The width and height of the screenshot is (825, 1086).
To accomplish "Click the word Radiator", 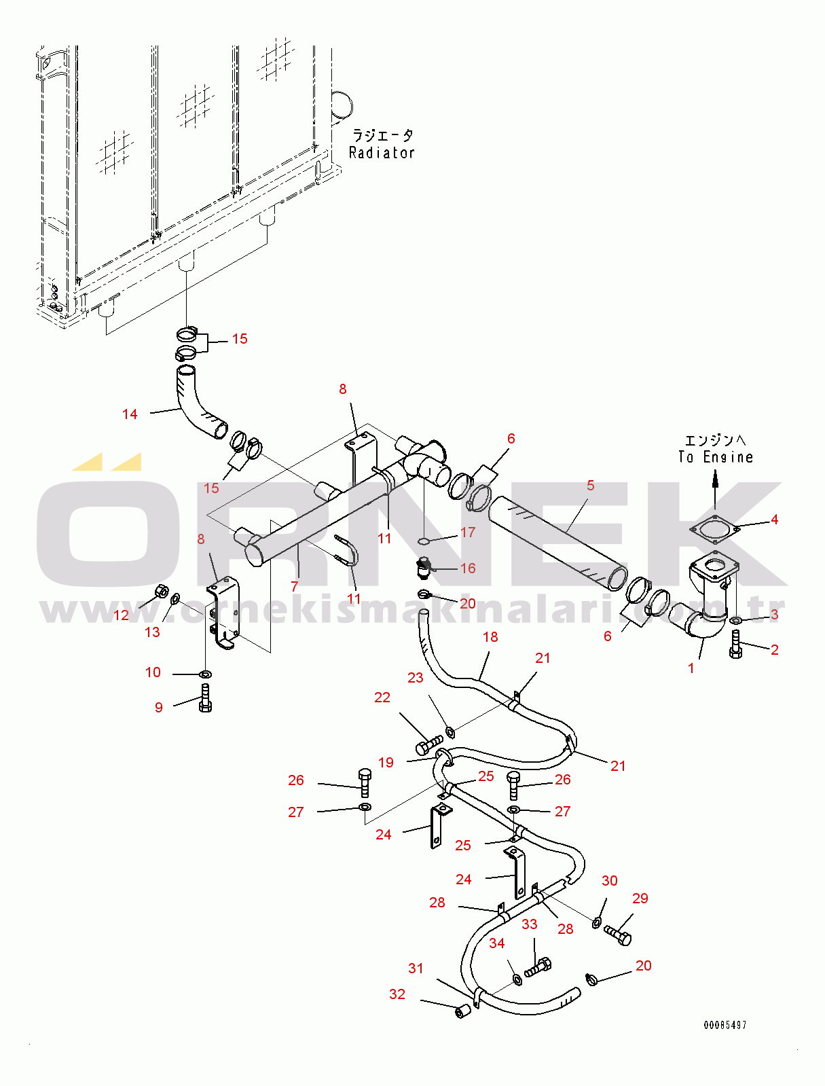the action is pos(382,152).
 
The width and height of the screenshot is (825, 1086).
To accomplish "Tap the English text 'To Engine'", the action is pos(715,456).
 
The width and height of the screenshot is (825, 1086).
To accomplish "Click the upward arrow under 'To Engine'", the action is pos(715,490).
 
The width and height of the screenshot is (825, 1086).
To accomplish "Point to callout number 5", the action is pos(591,486).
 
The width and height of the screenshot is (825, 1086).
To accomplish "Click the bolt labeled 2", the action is pos(735,645).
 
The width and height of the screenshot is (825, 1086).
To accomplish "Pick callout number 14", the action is pos(130,414).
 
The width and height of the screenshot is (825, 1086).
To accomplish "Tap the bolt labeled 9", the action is pos(205,698).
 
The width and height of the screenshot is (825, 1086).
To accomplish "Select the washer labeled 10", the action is pos(205,673).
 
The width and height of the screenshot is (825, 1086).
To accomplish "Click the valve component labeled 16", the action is pos(424,568).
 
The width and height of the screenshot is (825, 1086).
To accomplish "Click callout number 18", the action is pos(490,637).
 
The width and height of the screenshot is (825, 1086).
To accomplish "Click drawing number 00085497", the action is pos(725,1025).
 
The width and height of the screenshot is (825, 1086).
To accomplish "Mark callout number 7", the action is pos(294,587).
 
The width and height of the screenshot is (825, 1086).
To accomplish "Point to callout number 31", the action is pos(416,969).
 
